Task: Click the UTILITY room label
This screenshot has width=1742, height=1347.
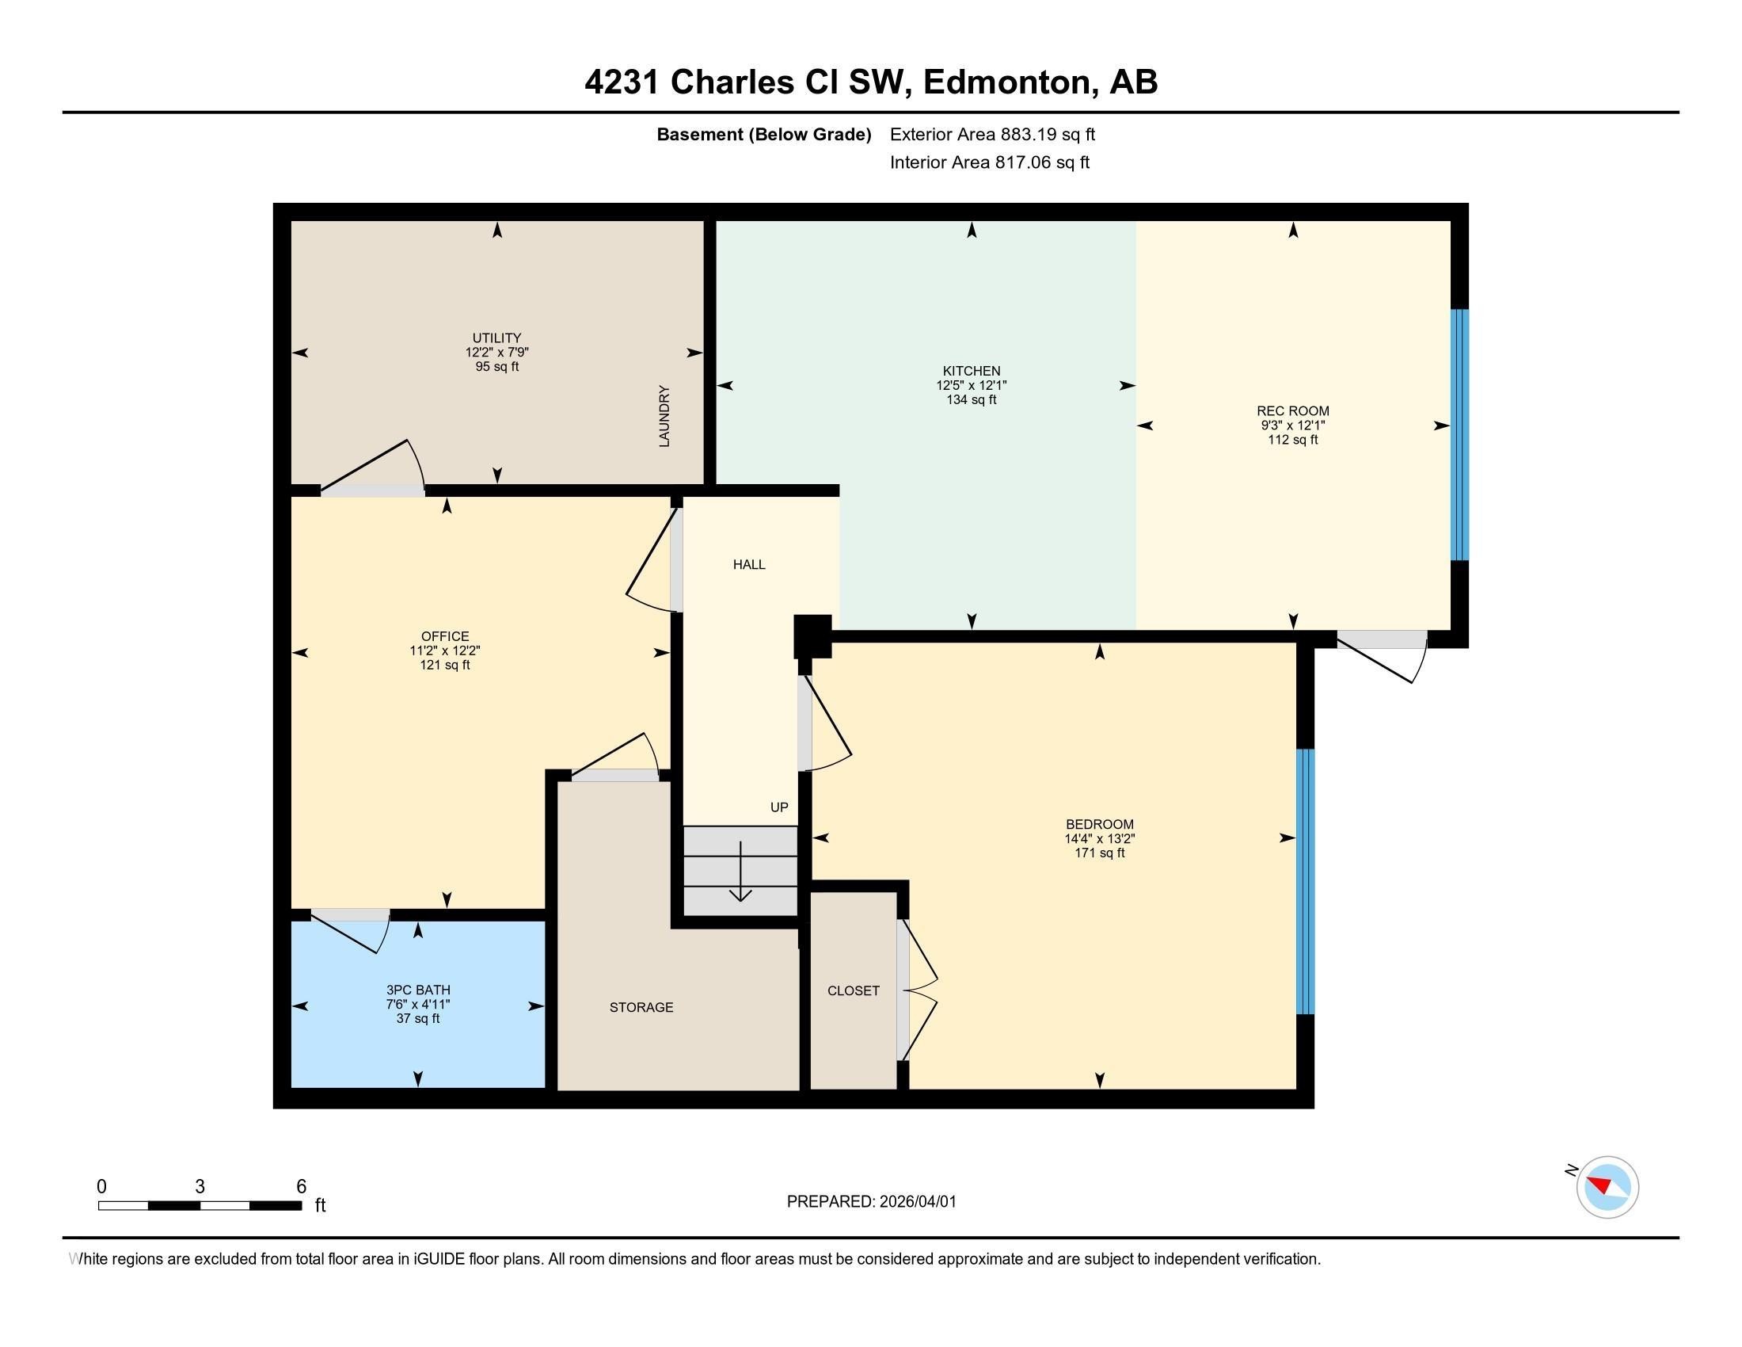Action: click(496, 338)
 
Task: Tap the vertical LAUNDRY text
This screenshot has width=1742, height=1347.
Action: click(664, 416)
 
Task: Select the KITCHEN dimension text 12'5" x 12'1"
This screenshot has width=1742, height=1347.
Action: click(971, 384)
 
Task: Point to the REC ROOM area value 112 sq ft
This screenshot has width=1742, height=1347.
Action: click(1292, 440)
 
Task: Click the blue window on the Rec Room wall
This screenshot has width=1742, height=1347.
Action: click(1459, 435)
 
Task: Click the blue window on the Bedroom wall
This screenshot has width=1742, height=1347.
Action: click(1304, 881)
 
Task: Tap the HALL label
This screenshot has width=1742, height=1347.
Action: click(749, 565)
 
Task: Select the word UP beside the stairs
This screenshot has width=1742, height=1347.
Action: click(779, 807)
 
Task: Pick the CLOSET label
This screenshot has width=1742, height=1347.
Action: click(853, 990)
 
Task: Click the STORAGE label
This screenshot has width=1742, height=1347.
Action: click(641, 1007)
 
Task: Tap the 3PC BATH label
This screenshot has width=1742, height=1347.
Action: click(418, 990)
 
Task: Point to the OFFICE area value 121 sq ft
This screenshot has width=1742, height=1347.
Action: click(444, 665)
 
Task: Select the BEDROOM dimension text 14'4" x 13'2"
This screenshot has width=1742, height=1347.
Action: click(1099, 838)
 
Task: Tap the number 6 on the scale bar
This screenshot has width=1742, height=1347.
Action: click(301, 1187)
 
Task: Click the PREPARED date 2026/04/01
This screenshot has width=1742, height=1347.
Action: click(916, 1202)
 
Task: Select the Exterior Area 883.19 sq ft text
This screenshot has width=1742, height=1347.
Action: click(992, 134)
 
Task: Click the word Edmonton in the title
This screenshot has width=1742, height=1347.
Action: click(1006, 82)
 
